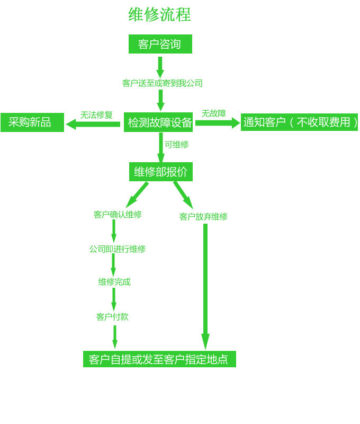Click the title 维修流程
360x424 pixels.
(160, 14)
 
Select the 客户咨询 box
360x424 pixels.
(160, 44)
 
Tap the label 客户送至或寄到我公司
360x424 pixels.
(162, 83)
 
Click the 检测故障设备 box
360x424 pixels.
(159, 122)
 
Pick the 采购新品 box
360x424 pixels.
(32, 122)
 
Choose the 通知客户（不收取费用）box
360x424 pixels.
(300, 122)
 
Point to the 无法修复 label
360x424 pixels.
(96, 114)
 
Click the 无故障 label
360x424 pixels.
(213, 113)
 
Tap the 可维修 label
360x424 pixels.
(176, 144)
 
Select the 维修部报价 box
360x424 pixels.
(160, 172)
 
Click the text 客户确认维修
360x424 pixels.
(118, 215)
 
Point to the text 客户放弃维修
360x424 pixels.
(203, 217)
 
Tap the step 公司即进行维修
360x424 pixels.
(117, 249)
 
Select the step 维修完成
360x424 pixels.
(114, 282)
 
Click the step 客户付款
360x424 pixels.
(112, 317)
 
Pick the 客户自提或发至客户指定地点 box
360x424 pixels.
(159, 359)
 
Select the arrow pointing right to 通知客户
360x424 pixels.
(217, 123)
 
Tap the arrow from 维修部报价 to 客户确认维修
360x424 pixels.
(137, 195)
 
